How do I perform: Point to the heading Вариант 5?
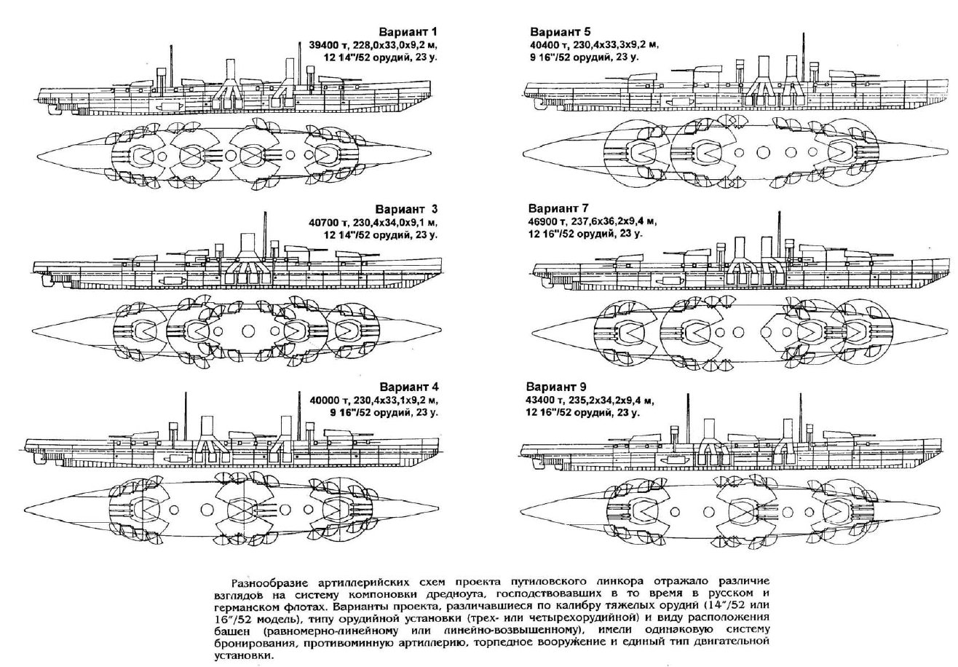tap(560, 32)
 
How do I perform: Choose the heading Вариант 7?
tap(560, 208)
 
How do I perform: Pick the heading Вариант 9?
tap(560, 386)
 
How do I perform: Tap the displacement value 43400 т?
tap(551, 400)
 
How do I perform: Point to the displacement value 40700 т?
tap(330, 223)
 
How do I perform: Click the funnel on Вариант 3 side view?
tap(246, 244)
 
